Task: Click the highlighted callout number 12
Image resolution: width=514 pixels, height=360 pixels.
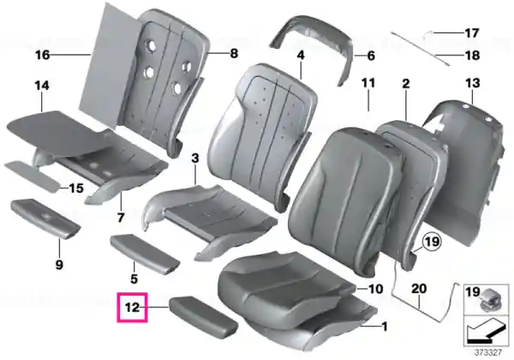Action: (x=132, y=308)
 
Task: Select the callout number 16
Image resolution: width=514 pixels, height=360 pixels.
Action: (x=43, y=55)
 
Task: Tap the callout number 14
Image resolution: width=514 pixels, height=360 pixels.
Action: (x=42, y=86)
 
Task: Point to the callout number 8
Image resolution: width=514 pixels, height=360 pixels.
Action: (x=234, y=53)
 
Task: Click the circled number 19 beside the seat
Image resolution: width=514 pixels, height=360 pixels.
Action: (x=432, y=242)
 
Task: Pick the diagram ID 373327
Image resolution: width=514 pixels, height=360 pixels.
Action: (x=488, y=353)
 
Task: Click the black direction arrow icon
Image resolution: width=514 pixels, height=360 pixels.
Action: (x=486, y=332)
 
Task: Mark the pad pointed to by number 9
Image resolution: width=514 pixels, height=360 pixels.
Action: (x=45, y=218)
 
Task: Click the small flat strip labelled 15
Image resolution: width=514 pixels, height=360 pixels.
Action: (x=33, y=176)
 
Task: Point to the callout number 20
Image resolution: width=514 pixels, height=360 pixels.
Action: (x=419, y=289)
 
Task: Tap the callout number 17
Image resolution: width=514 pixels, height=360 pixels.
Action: (x=472, y=33)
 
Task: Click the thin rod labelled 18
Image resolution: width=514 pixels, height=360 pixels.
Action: (x=420, y=49)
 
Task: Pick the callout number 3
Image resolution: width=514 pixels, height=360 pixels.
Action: (x=195, y=158)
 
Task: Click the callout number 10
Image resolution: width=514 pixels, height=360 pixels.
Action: (x=376, y=289)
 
